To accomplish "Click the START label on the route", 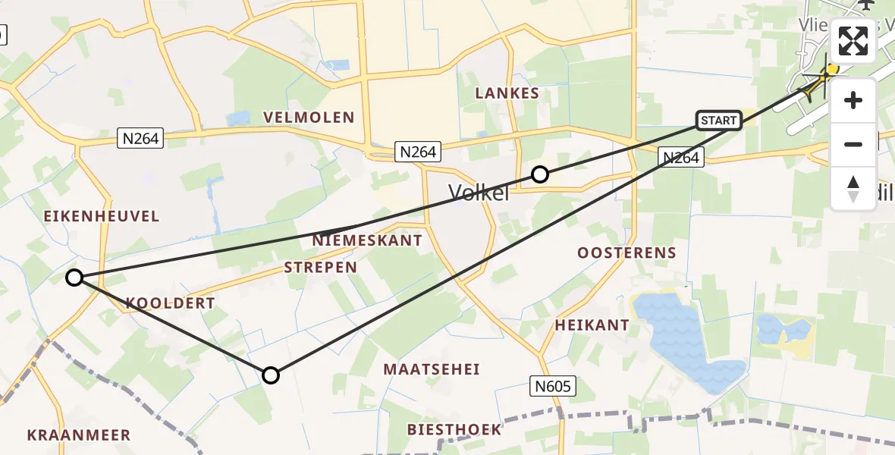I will tap(718, 121).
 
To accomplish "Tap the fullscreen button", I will tap(853, 41).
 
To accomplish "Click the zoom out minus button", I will tap(853, 144).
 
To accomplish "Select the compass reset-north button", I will tap(853, 187).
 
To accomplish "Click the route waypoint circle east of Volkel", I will tap(539, 174).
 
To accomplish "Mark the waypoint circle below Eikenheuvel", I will tap(74, 278).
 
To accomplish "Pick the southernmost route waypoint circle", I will tap(271, 375).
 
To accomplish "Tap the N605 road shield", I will tap(552, 387).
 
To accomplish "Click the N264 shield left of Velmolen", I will tap(140, 137).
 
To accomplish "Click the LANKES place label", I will tap(507, 93).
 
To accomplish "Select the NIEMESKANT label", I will tap(367, 240).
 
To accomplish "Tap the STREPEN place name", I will tap(320, 267).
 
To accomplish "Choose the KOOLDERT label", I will tap(171, 303).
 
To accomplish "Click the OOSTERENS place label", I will tap(626, 253).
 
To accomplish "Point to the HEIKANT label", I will tap(592, 325).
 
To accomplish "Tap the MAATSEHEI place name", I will tap(432, 369).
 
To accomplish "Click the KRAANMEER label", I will tap(79, 435).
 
